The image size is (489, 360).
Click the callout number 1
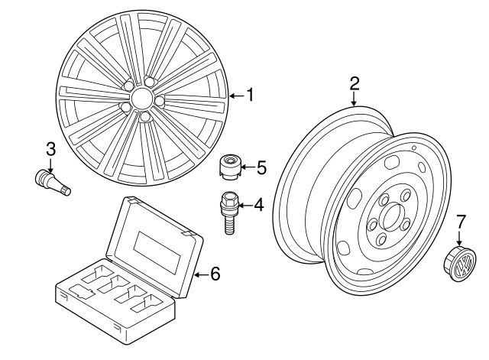(x=248, y=96)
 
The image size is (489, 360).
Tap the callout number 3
(x=50, y=147)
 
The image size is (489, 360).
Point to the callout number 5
(x=261, y=164)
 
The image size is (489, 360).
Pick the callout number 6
(x=215, y=272)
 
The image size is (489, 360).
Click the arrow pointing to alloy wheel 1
(x=235, y=96)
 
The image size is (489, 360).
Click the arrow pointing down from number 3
(x=50, y=162)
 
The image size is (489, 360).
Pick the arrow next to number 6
(x=202, y=272)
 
